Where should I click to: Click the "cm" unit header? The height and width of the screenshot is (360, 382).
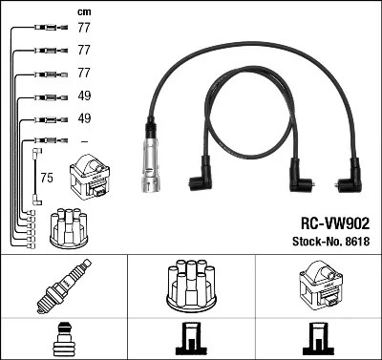(83, 11)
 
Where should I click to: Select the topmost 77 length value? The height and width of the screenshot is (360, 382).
(84, 30)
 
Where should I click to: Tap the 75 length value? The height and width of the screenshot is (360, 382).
(46, 178)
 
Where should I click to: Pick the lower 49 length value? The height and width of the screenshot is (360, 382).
(84, 119)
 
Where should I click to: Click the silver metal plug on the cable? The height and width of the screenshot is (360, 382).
(149, 158)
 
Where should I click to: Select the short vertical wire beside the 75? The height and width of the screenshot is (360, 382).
(36, 176)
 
